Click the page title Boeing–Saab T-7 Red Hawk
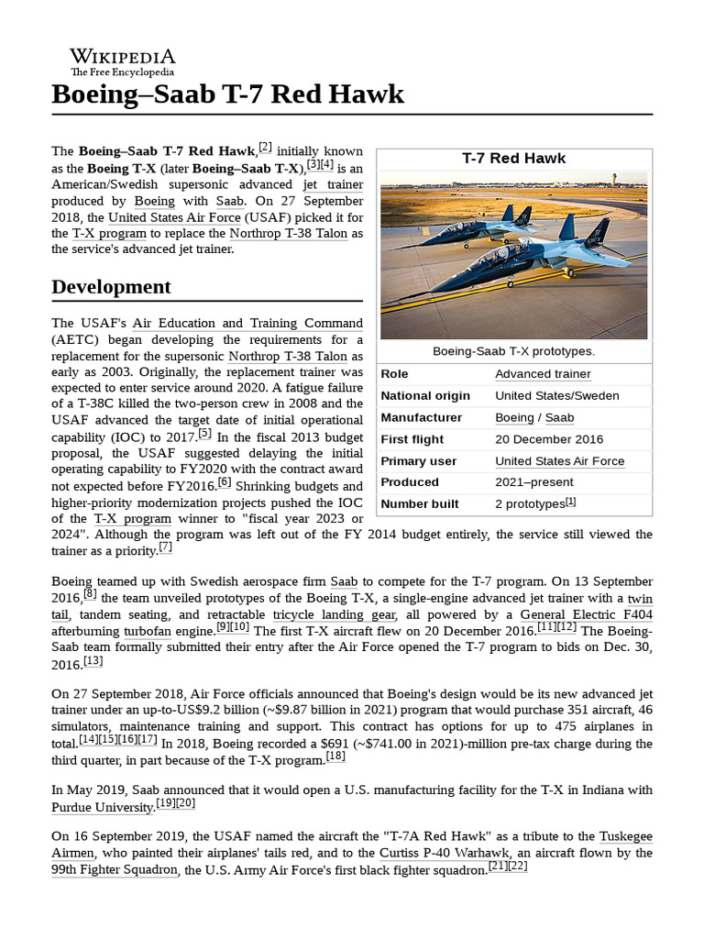(227, 94)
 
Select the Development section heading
(111, 287)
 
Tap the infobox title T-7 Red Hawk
(513, 159)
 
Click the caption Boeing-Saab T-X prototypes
(513, 351)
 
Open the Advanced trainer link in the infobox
(543, 374)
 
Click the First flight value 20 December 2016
(549, 439)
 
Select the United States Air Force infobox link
(559, 461)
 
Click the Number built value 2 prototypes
(531, 504)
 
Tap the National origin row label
(425, 396)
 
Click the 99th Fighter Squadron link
(114, 869)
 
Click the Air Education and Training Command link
(247, 324)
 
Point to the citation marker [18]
(335, 757)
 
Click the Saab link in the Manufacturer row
(560, 417)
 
